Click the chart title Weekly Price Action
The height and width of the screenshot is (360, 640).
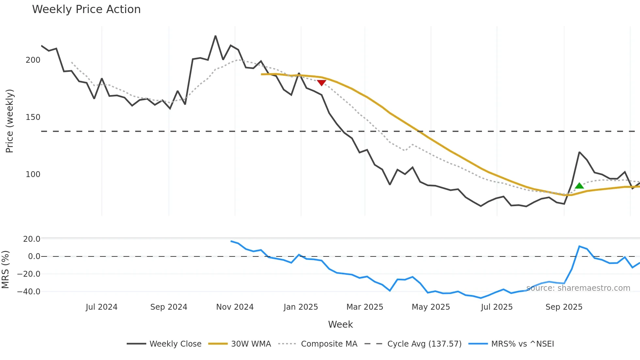point(86,9)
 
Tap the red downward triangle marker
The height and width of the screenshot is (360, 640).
point(322,83)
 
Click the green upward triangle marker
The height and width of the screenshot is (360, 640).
point(579,186)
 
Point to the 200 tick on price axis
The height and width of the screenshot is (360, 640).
point(33,60)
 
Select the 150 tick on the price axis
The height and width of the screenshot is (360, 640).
point(33,117)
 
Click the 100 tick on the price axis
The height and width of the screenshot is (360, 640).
point(33,174)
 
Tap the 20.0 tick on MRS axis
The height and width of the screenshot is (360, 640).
point(32,239)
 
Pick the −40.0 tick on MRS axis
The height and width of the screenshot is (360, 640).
point(29,292)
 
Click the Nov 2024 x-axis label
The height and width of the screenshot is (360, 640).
point(235,307)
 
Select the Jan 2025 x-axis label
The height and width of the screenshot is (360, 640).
point(301,307)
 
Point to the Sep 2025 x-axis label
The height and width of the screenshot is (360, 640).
point(564,307)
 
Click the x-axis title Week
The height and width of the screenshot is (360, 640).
point(340,324)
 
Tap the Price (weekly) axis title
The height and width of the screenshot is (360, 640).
point(10,121)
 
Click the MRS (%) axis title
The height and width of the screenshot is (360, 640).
point(6,270)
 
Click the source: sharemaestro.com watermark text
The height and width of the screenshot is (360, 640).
point(578,288)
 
